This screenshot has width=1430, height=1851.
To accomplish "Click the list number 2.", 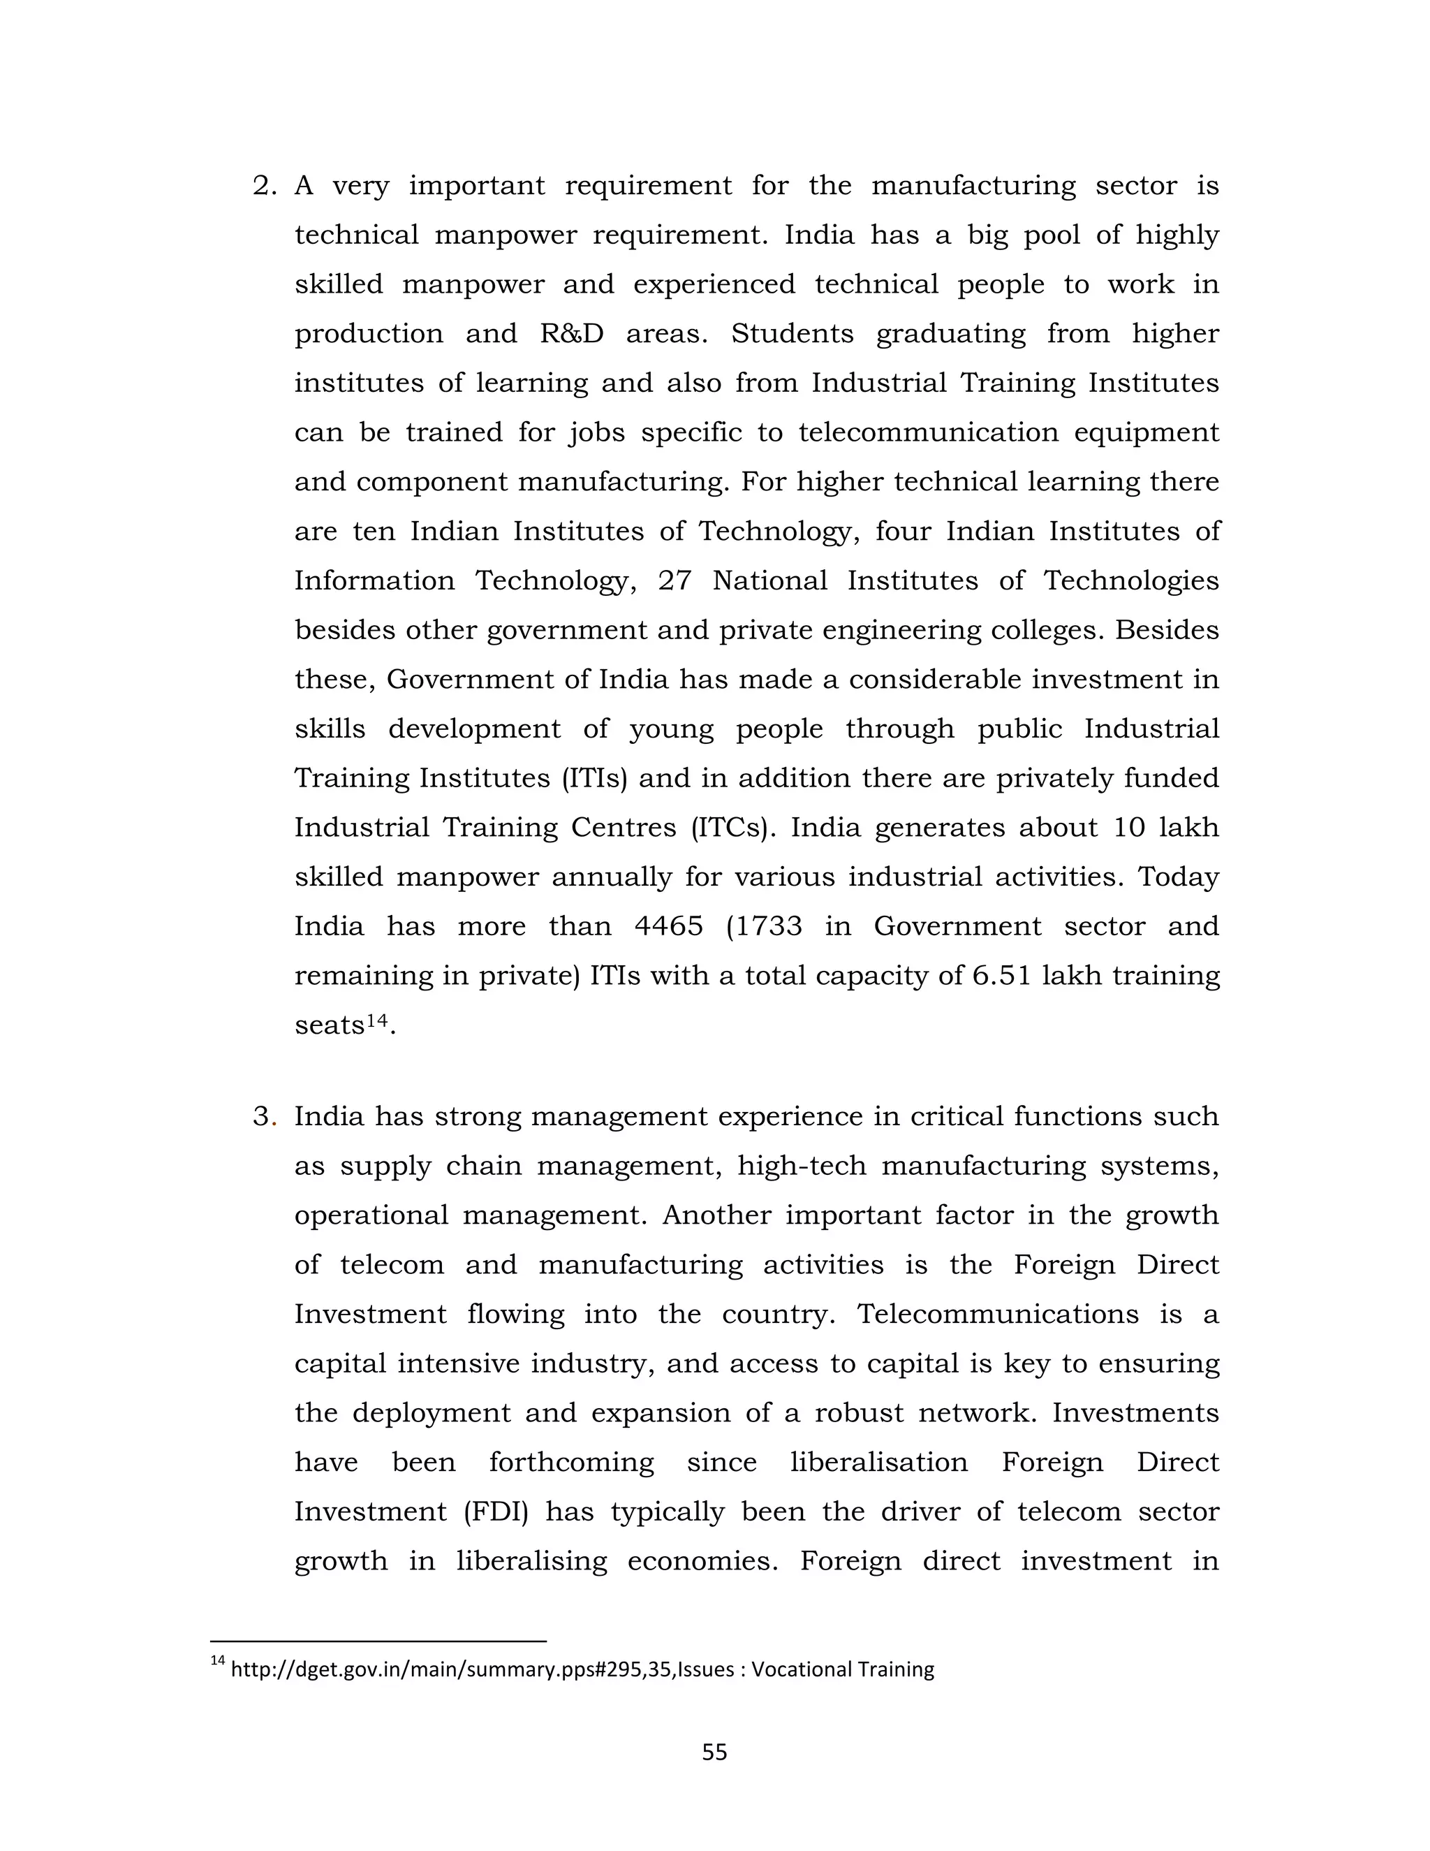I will point(265,186).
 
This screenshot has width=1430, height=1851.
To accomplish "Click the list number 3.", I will point(265,1117).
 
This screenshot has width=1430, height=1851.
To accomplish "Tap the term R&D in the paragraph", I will point(572,334).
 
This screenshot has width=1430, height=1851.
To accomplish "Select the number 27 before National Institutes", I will point(675,581).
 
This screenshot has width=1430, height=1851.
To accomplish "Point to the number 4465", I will point(668,926).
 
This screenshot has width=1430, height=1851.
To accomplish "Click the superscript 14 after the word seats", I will point(377,1020).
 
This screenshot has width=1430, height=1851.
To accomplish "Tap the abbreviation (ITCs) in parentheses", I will point(734,828).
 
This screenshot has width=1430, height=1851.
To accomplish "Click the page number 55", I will point(714,1752).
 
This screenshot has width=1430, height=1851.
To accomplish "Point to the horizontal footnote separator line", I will point(378,1641).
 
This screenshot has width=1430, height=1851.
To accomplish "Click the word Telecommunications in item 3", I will point(998,1315).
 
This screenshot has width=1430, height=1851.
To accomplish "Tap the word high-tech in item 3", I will point(802,1167).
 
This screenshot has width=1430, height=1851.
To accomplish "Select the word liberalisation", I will point(878,1463).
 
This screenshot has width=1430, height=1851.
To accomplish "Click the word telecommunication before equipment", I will point(929,433).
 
